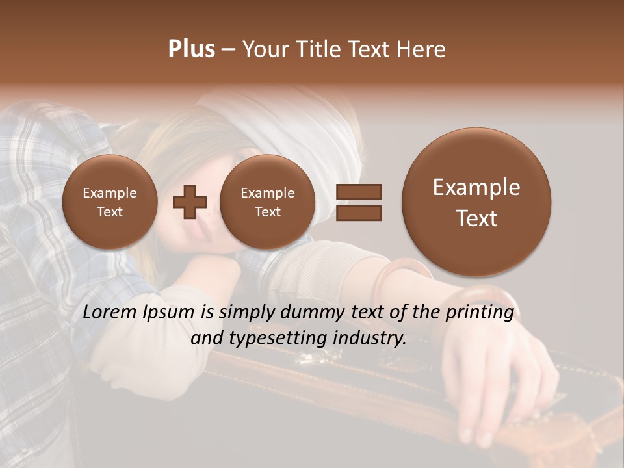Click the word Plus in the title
191,49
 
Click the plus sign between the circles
189,202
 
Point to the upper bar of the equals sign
358,192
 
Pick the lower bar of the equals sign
358,213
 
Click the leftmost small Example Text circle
110,202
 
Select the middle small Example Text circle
268,202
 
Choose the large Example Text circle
476,202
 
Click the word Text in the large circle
476,218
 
